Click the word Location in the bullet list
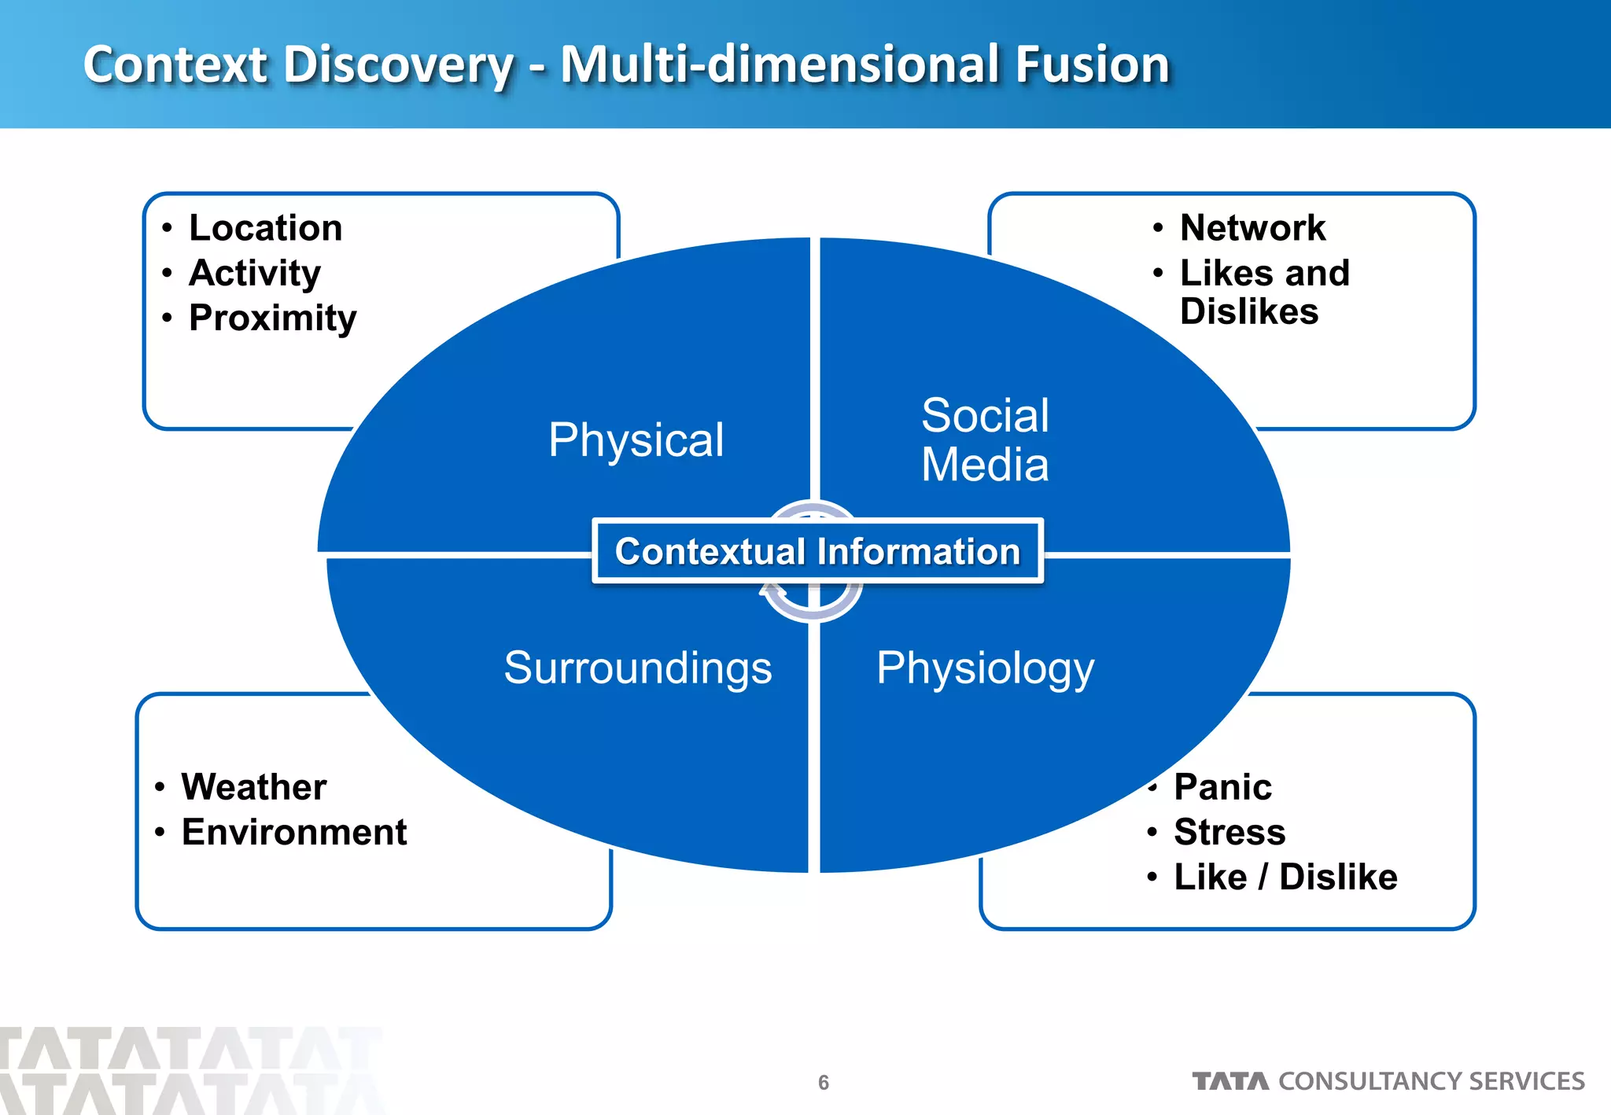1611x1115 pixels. click(x=266, y=228)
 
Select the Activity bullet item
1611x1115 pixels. click(x=255, y=274)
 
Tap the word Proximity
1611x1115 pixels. click(x=272, y=318)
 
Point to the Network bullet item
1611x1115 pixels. click(x=1252, y=228)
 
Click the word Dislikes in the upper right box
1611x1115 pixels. click(x=1249, y=312)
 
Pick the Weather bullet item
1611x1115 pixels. click(x=254, y=787)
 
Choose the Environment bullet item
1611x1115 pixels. click(x=294, y=832)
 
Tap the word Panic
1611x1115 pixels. click(x=1222, y=787)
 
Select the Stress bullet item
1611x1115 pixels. click(x=1229, y=832)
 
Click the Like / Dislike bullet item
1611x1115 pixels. click(x=1285, y=877)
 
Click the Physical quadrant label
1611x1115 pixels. click(x=636, y=440)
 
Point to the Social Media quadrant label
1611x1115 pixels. click(x=985, y=440)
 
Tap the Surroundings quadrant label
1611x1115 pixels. click(x=638, y=668)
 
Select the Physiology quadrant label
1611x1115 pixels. click(x=985, y=668)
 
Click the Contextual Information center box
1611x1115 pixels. click(x=817, y=551)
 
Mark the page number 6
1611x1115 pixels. click(x=824, y=1083)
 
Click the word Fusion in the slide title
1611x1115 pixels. click(x=1093, y=64)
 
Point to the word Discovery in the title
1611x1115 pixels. click(x=398, y=64)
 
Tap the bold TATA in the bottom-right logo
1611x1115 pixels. click(x=1230, y=1082)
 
